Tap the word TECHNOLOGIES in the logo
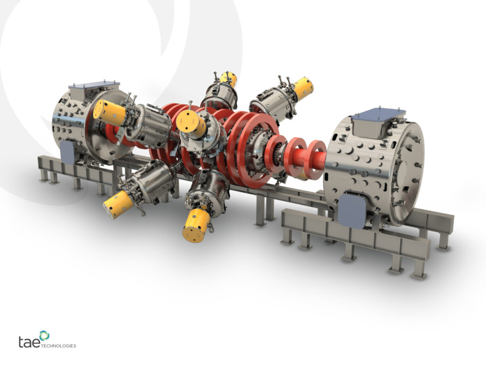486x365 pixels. coord(59,346)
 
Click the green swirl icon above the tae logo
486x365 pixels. coord(44,336)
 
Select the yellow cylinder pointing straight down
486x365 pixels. coord(196,224)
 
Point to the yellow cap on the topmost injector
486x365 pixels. coord(229,79)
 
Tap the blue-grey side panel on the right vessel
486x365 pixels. coord(352,209)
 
